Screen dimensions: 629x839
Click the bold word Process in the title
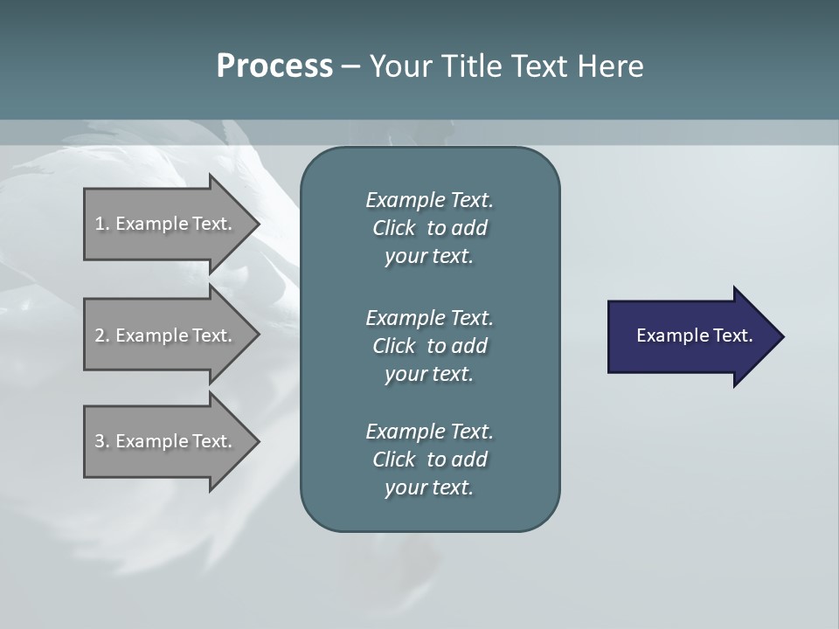pos(274,66)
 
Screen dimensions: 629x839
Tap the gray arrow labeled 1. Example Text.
pos(166,224)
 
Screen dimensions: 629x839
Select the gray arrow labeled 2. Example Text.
pos(166,335)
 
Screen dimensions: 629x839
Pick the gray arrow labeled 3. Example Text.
pos(166,441)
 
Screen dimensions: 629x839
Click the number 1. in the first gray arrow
pos(102,224)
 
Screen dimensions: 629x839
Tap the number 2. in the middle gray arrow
pos(102,335)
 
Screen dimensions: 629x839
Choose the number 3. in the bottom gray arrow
pos(102,441)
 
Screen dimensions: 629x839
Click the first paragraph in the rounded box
pos(429,228)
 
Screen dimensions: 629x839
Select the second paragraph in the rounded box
pos(429,345)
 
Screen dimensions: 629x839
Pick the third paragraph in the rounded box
pos(429,460)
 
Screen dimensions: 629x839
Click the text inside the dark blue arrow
pos(694,335)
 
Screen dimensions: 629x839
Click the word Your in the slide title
pos(400,66)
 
